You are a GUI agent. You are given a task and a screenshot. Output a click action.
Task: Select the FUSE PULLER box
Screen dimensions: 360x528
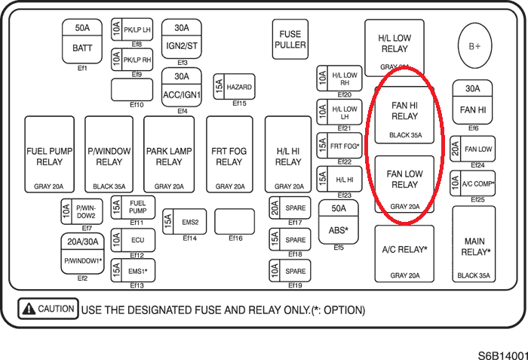tap(290, 39)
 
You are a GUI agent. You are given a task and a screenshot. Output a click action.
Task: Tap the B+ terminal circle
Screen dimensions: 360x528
tap(474, 46)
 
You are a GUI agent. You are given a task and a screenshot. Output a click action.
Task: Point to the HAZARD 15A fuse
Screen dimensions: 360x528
tap(233, 88)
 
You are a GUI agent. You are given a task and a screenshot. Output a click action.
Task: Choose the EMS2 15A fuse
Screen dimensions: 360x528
tap(184, 223)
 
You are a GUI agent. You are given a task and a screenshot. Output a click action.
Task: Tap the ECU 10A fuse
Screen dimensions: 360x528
tap(133, 240)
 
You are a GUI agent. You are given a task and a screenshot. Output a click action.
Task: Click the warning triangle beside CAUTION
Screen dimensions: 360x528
tap(29, 309)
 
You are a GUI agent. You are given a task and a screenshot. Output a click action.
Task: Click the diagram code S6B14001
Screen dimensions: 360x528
tap(502, 352)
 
